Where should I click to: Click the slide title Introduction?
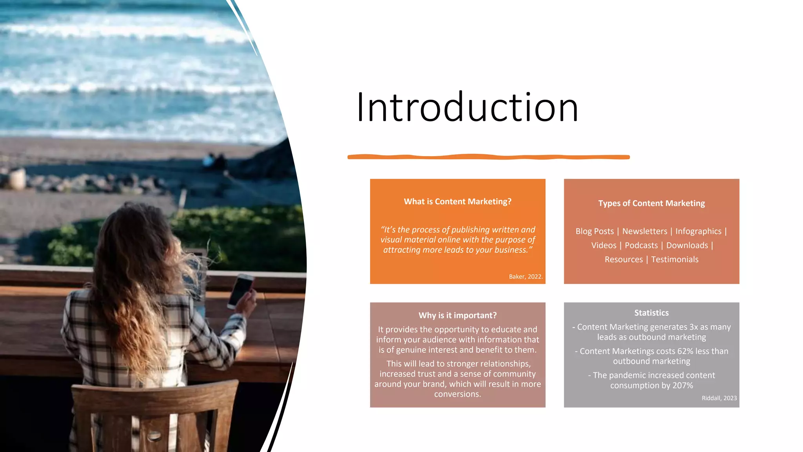(x=467, y=107)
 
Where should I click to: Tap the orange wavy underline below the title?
(x=488, y=157)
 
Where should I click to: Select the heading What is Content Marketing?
(x=458, y=202)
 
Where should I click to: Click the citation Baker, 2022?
(x=525, y=277)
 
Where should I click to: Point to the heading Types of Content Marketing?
(x=651, y=203)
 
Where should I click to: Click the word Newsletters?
(x=645, y=231)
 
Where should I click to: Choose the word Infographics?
(x=698, y=231)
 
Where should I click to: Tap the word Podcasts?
(x=641, y=246)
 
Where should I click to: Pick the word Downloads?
(x=687, y=246)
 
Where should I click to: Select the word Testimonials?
(x=674, y=260)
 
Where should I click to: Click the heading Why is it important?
(x=458, y=315)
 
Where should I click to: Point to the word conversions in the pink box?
(x=457, y=394)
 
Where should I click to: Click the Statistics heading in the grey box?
(x=651, y=313)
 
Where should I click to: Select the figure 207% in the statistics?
(x=683, y=386)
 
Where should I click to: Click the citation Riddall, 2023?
(x=719, y=398)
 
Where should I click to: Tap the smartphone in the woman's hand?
(x=240, y=290)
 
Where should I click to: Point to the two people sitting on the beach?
(x=215, y=160)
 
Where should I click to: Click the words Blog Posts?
(x=594, y=231)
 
